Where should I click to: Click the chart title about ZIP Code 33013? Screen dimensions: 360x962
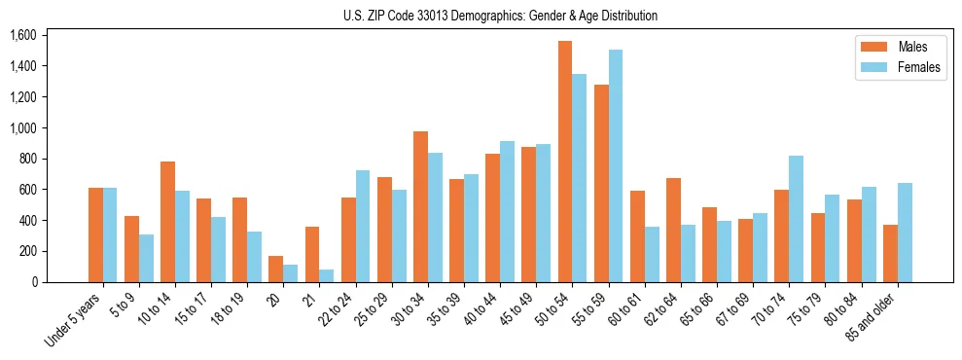click(x=500, y=16)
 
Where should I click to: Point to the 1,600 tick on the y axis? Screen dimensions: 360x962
click(x=23, y=36)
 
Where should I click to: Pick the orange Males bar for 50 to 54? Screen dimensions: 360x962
click(x=565, y=162)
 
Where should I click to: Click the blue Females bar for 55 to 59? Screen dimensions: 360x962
click(x=616, y=166)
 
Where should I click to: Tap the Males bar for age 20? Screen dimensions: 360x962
click(x=276, y=270)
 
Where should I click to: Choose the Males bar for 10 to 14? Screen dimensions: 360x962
click(x=167, y=222)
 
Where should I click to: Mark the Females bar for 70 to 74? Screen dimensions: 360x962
click(x=797, y=219)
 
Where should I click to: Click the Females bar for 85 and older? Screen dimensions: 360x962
click(x=905, y=233)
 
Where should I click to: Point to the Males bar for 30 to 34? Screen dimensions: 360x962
click(x=420, y=207)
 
